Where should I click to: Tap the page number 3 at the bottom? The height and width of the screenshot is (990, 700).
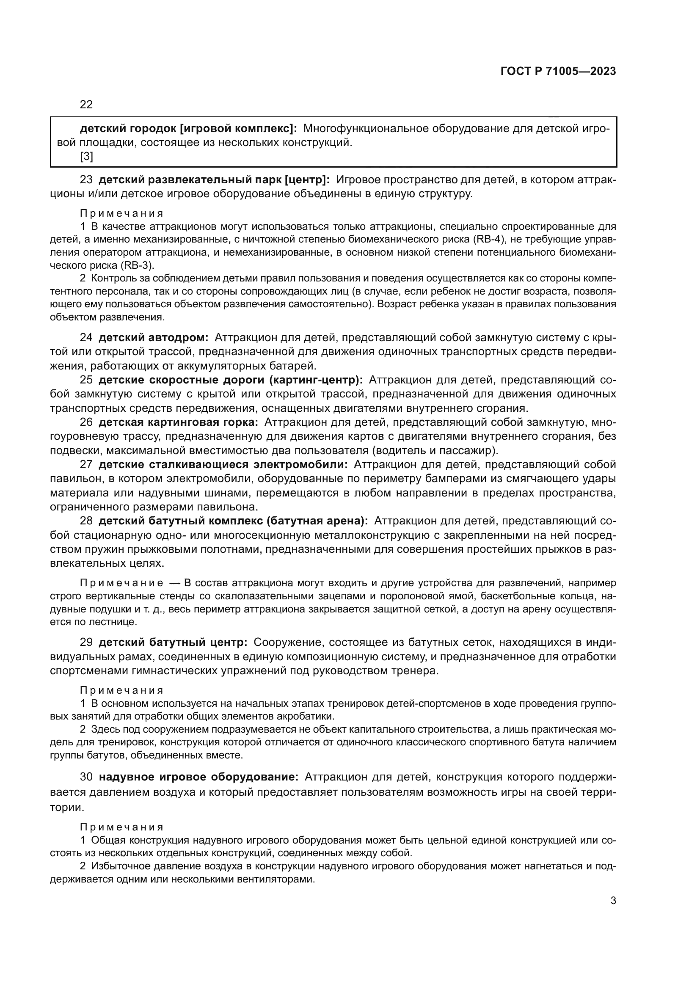tap(613, 901)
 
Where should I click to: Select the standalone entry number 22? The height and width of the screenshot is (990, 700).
tap(86, 105)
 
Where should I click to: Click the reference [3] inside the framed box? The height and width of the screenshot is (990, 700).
tap(86, 157)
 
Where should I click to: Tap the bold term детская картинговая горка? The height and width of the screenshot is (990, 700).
tap(178, 422)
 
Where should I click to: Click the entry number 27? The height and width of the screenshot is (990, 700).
tap(86, 464)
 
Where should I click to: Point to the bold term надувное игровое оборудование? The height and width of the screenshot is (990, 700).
tap(199, 777)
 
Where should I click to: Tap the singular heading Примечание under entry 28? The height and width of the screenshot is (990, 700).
tap(121, 583)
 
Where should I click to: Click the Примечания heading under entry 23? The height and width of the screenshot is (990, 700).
tap(121, 213)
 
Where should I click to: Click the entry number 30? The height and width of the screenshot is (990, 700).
tap(86, 777)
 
